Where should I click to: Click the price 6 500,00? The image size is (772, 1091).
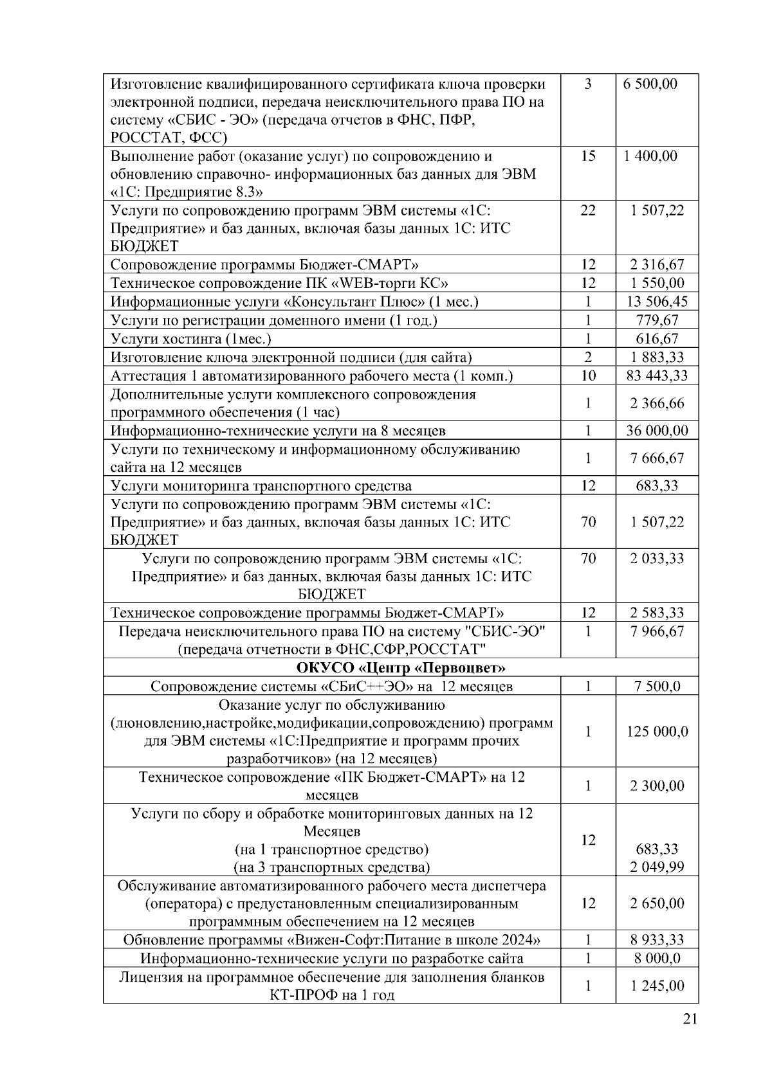[650, 84]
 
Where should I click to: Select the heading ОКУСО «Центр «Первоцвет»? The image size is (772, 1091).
[401, 667]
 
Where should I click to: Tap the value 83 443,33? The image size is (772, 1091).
[657, 375]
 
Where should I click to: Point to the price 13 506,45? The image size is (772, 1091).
[657, 302]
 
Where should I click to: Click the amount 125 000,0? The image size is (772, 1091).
[657, 731]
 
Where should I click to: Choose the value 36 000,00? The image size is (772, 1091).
[657, 431]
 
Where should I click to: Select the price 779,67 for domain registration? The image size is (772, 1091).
[657, 320]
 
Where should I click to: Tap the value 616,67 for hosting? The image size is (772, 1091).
[657, 339]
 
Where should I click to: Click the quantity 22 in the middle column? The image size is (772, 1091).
[588, 210]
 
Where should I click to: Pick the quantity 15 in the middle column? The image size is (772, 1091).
[588, 156]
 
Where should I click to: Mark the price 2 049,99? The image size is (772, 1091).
[657, 867]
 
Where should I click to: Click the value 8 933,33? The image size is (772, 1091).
[657, 940]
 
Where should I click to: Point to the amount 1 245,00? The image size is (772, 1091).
[657, 986]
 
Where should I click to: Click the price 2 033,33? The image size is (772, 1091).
[657, 558]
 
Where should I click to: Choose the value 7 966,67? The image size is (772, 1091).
[657, 631]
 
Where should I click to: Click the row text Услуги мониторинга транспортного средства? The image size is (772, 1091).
[261, 485]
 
